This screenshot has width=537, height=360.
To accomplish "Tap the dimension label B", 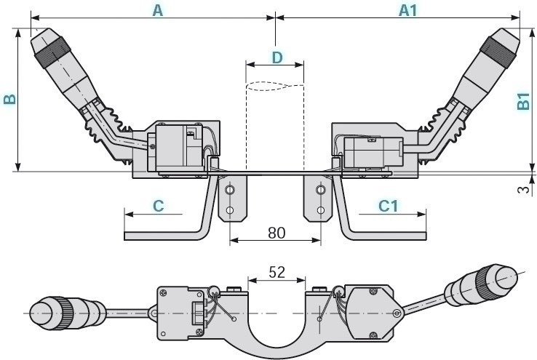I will click(9, 99).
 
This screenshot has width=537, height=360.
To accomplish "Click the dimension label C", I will click(157, 206).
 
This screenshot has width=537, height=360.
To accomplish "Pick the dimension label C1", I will click(389, 206).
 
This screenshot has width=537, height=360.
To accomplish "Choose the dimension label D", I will click(275, 57).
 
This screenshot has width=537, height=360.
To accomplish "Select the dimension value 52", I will click(277, 272).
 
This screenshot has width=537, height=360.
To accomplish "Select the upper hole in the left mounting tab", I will click(230, 191).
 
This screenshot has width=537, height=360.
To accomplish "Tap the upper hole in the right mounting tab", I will click(319, 191).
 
